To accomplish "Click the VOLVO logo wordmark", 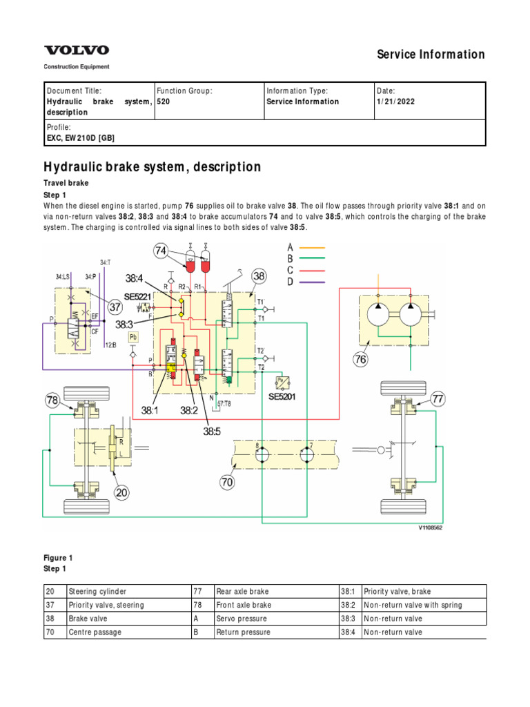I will [x=77, y=50].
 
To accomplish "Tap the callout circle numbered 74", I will [x=161, y=252].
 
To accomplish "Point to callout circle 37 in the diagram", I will [x=115, y=307].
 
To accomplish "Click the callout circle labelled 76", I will [x=361, y=359].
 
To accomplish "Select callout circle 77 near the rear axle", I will [x=440, y=398].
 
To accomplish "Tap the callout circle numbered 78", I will [x=54, y=400].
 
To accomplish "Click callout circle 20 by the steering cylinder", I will [x=121, y=492].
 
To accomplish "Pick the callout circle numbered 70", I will [x=228, y=483].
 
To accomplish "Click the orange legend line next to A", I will [x=311, y=247].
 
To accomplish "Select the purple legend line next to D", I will [x=311, y=282].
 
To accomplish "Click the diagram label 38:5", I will [x=211, y=432].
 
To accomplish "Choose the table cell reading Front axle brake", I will [x=242, y=605].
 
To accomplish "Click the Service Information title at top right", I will [x=431, y=55].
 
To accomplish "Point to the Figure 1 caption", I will [x=59, y=558].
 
